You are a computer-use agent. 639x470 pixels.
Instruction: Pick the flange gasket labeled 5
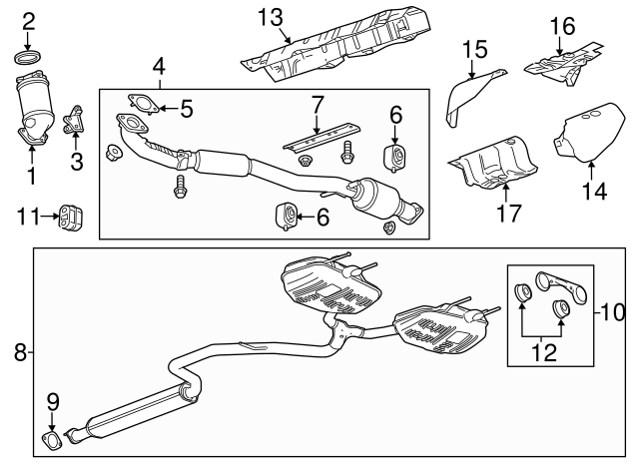click(141, 104)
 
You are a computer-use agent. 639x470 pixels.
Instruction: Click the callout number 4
click(159, 68)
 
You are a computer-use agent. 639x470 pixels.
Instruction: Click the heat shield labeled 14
click(590, 138)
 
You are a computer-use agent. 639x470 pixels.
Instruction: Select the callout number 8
click(20, 350)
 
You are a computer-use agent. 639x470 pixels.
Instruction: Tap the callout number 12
click(543, 352)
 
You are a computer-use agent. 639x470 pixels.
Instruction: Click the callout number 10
click(612, 312)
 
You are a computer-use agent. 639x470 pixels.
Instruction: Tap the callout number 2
click(28, 21)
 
